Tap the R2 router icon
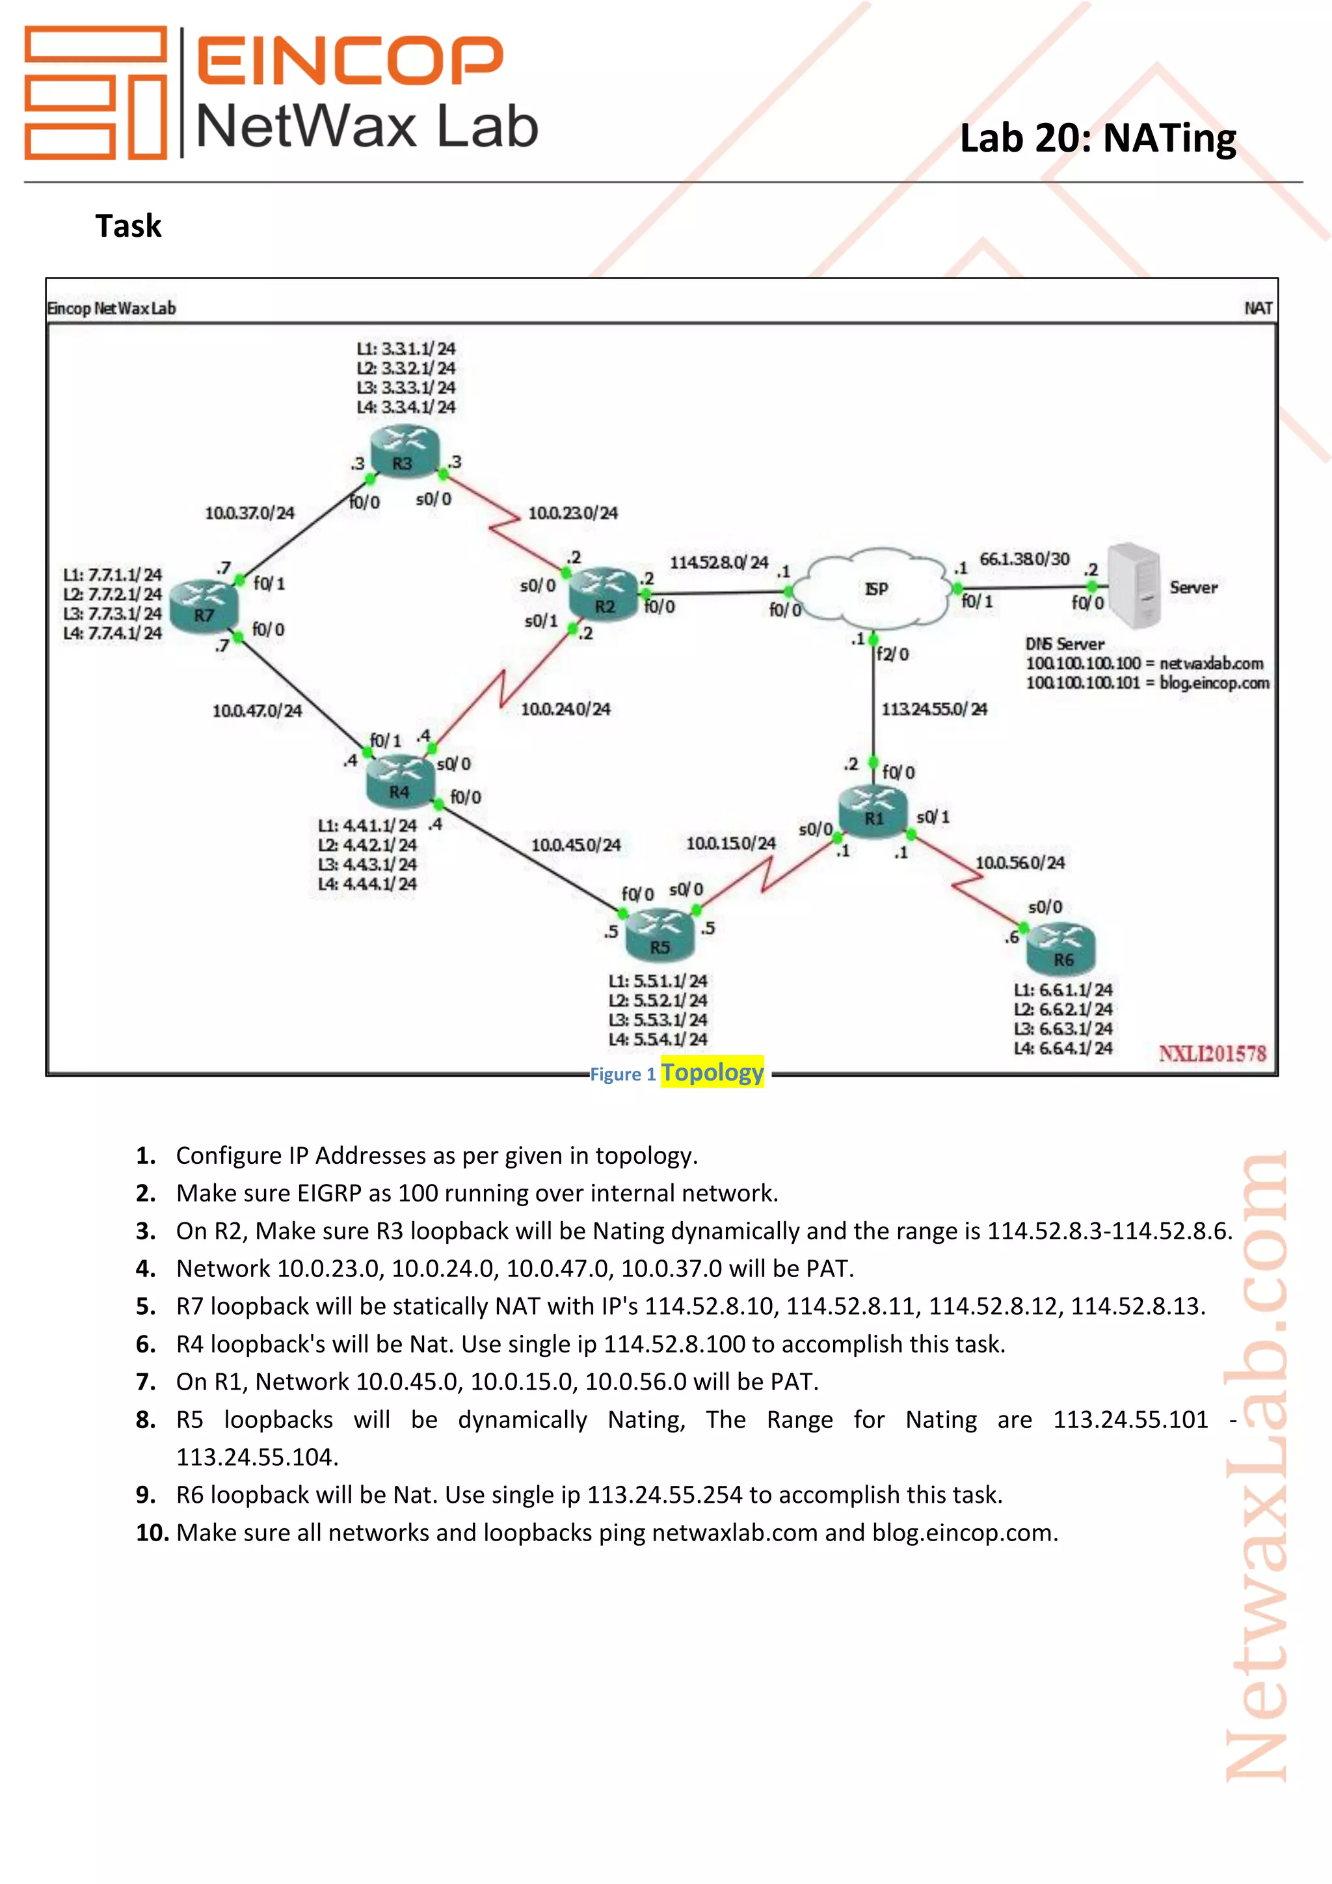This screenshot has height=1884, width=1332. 604,593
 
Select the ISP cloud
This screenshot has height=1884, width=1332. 875,587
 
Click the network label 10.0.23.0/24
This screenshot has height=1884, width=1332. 572,514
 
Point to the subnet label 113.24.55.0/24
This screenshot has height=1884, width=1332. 934,709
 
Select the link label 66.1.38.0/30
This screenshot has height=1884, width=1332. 1024,559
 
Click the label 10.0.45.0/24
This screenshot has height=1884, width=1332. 576,844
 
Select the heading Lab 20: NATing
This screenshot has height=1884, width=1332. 1097,138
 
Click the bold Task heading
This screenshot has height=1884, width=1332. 128,226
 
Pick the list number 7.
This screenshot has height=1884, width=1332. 145,1382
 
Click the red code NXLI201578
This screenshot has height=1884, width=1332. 1212,1054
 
